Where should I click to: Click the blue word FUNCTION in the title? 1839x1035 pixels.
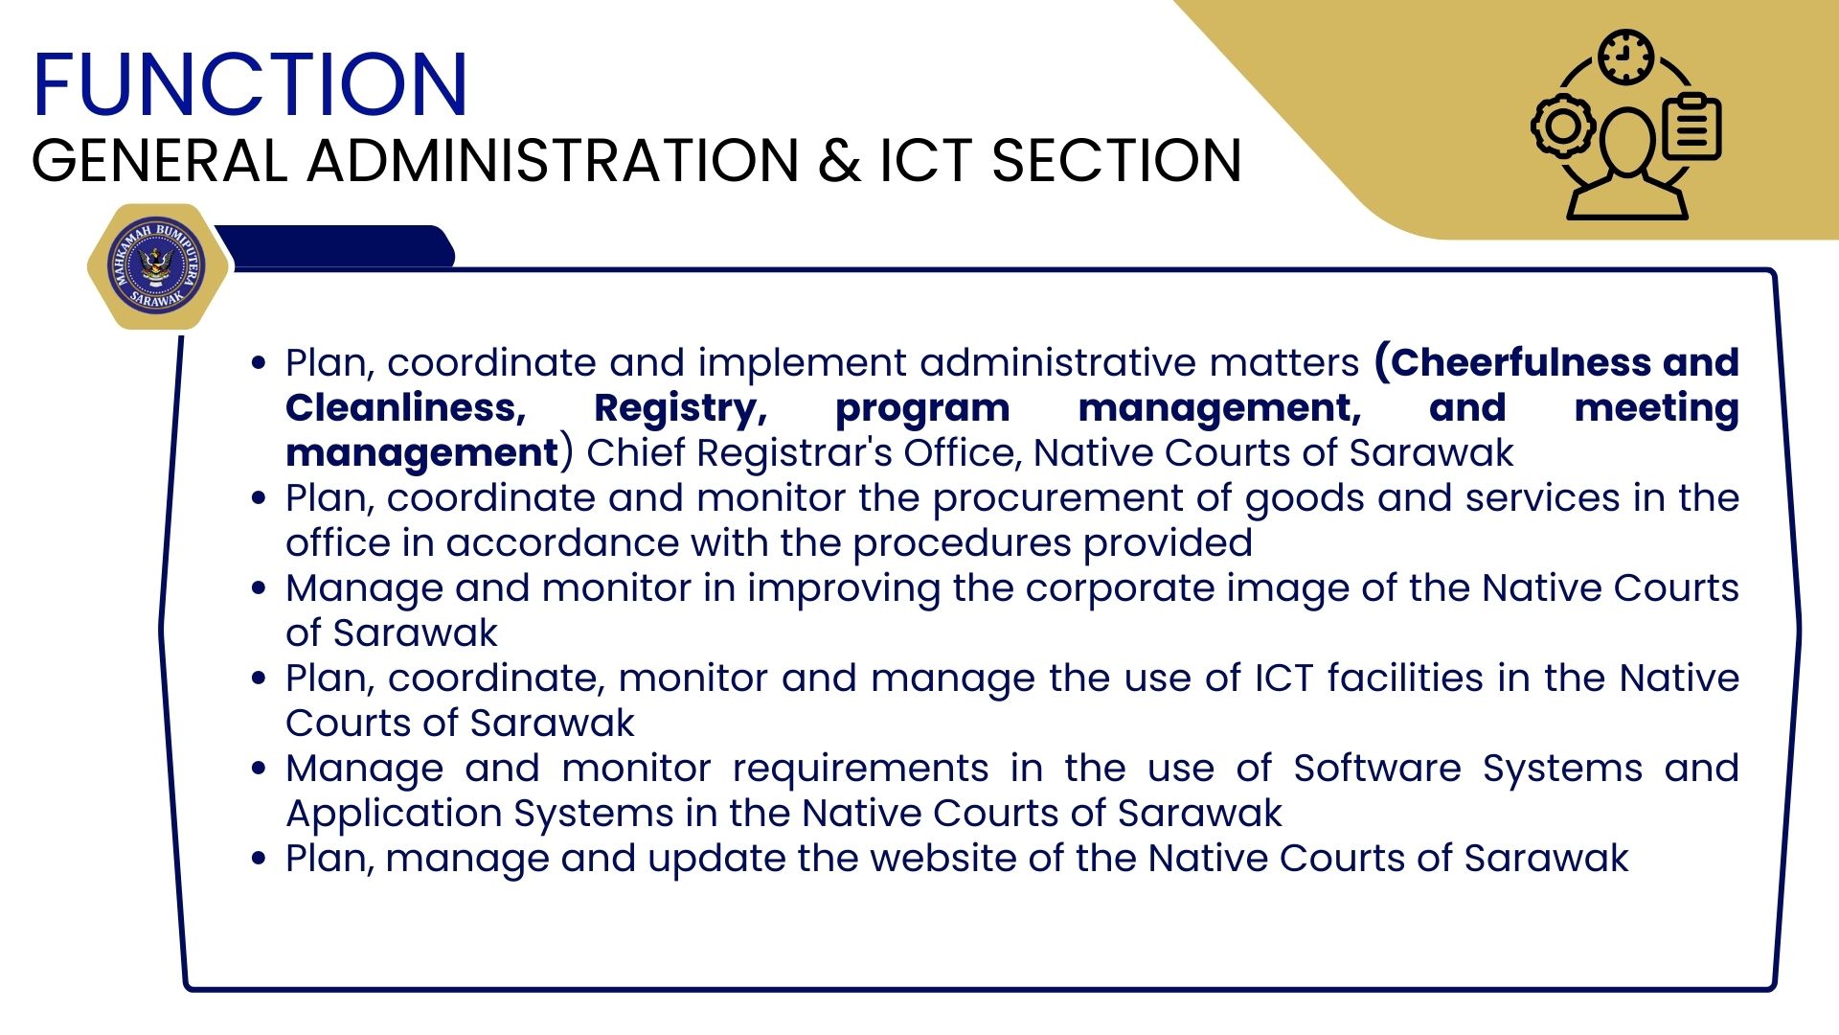pyautogui.click(x=250, y=84)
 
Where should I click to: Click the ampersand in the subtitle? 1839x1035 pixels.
pyautogui.click(x=839, y=160)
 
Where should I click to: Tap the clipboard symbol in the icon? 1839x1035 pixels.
pyautogui.click(x=1691, y=126)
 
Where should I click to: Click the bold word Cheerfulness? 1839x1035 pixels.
pyautogui.click(x=1512, y=362)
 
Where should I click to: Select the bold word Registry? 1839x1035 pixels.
pyautogui.click(x=680, y=408)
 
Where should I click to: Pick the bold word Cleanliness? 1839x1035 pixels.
pyautogui.click(x=406, y=408)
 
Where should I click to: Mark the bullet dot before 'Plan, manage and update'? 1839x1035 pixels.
pyautogui.click(x=259, y=858)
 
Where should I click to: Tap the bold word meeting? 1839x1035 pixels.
pyautogui.click(x=1656, y=408)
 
